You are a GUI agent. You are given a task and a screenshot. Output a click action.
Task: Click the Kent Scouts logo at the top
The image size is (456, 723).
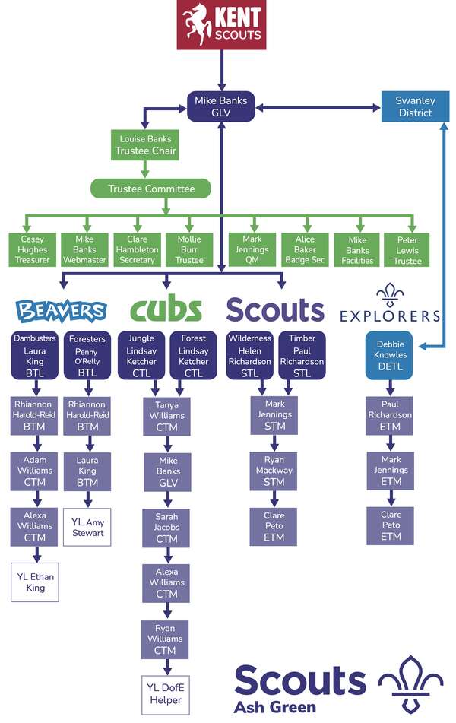222,25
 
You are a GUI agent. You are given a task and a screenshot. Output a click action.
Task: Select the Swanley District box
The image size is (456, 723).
414,106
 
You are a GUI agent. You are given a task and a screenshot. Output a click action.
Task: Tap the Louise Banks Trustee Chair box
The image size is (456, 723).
145,144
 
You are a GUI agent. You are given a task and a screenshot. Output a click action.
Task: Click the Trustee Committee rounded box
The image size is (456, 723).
151,189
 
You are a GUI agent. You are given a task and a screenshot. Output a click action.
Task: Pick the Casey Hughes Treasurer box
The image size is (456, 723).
33,249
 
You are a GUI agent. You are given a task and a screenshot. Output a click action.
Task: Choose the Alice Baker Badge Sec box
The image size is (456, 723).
304,249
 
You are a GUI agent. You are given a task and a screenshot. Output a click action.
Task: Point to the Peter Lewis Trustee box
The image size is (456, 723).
407,249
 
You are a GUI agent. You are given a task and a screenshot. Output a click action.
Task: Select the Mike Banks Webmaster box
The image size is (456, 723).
86,249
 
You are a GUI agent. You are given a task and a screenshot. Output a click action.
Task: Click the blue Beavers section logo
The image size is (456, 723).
61,310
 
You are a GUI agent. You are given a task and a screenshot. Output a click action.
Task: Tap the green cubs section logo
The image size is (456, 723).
166,309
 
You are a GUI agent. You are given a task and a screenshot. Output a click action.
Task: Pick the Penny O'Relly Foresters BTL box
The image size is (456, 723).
87,356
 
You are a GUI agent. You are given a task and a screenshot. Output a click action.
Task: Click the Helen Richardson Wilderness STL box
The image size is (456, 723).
249,356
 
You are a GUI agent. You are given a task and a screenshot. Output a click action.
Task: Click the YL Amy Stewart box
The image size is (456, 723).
87,527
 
